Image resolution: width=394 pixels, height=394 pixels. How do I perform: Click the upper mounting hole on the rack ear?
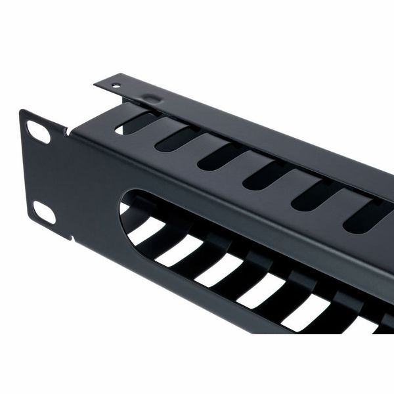coord(39,132)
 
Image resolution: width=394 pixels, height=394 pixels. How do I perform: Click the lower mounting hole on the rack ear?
coord(44,211)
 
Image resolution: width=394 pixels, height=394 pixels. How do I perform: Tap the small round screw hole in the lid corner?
coord(116,85)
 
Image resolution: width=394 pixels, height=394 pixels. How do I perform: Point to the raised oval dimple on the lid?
coord(152,99)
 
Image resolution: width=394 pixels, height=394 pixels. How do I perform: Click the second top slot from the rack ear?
coord(177,139)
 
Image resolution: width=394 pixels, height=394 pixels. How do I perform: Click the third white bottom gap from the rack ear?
coord(217,270)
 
